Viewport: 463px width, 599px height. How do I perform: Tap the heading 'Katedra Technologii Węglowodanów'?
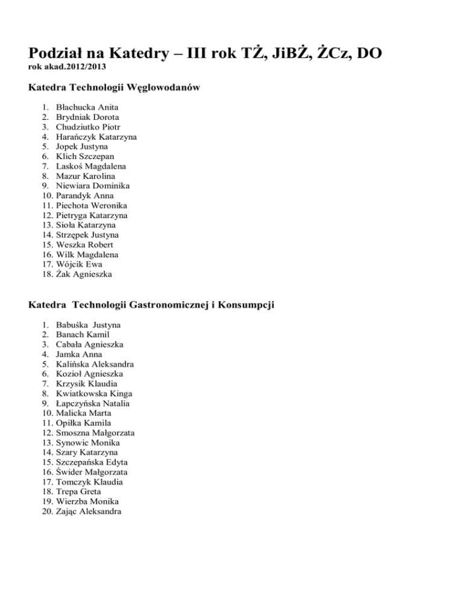[115, 88]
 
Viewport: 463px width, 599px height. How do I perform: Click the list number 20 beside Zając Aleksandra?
[34, 512]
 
